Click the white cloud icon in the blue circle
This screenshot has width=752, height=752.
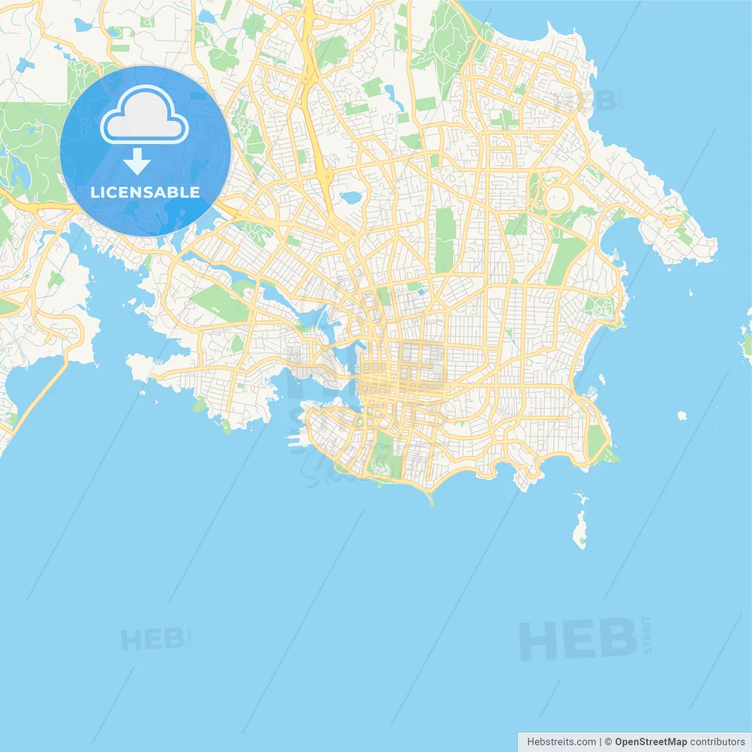click(145, 116)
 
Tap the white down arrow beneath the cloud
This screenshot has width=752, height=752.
click(137, 162)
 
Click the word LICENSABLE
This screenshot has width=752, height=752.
click(145, 193)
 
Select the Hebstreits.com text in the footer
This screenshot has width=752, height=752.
click(561, 742)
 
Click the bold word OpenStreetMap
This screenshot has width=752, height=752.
click(650, 742)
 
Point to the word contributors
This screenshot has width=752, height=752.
click(717, 742)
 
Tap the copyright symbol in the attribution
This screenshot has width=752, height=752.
click(608, 742)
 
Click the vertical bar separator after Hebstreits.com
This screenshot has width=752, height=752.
click(600, 742)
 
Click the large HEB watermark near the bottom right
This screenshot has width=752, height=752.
click(579, 639)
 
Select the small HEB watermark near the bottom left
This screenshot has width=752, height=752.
click(152, 639)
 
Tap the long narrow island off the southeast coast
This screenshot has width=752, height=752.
click(580, 529)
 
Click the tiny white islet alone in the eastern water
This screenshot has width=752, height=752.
click(682, 416)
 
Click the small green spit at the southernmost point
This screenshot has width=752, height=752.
click(432, 500)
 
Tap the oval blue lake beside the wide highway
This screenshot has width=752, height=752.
click(351, 197)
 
